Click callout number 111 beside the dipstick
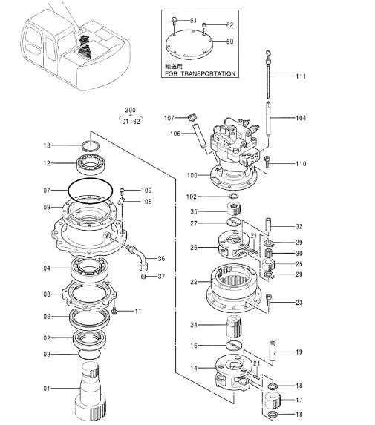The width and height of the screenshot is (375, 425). click(x=301, y=76)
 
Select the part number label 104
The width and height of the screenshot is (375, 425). click(x=301, y=118)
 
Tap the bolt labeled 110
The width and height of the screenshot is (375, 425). click(x=268, y=162)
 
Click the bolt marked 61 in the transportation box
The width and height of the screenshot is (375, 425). click(x=175, y=21)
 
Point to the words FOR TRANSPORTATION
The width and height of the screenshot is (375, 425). click(x=200, y=73)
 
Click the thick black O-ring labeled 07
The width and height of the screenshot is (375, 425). click(x=90, y=191)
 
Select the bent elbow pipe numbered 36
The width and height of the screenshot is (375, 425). click(x=138, y=257)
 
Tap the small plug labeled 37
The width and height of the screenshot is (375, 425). click(x=144, y=277)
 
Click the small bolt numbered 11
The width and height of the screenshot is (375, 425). click(x=114, y=311)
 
